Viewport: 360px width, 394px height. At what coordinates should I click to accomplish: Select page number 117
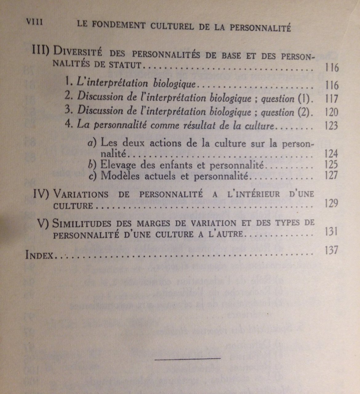[331, 99]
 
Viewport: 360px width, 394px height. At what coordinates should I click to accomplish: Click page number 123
[331, 126]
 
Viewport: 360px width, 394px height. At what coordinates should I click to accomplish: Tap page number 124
[331, 154]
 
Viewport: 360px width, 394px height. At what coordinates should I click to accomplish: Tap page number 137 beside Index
[331, 250]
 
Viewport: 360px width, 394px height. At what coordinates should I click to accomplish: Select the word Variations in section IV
[80, 195]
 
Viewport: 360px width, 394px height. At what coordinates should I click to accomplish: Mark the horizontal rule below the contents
[187, 358]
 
